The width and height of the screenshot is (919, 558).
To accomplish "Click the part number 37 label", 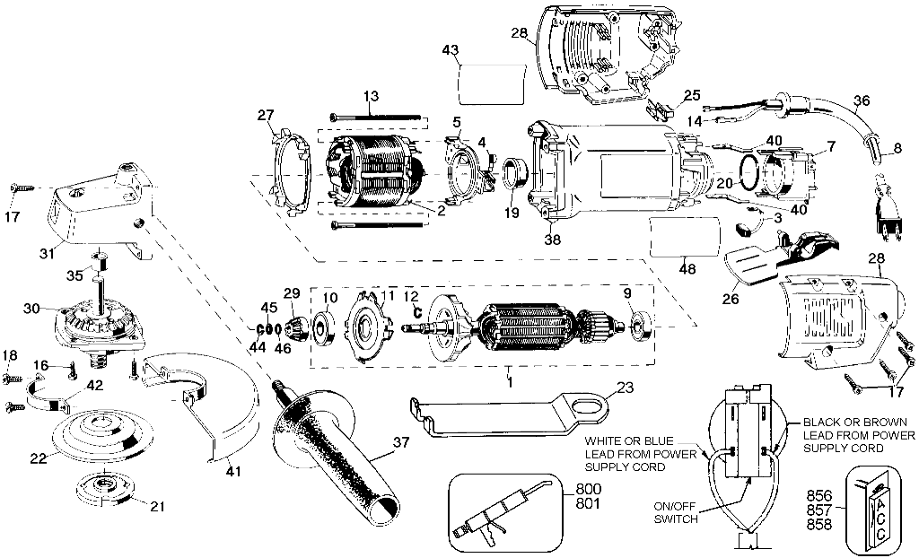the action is point(401,442).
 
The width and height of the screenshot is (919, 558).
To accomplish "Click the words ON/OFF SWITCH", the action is point(676,512).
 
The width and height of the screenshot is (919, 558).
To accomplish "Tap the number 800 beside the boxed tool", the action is point(588,490).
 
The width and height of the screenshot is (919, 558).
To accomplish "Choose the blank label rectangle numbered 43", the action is point(492,83).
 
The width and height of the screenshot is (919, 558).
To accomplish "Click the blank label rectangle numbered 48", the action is point(685,237).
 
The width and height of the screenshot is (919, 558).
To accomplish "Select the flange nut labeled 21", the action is point(104,486).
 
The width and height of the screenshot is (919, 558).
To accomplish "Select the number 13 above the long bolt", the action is point(371,95).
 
